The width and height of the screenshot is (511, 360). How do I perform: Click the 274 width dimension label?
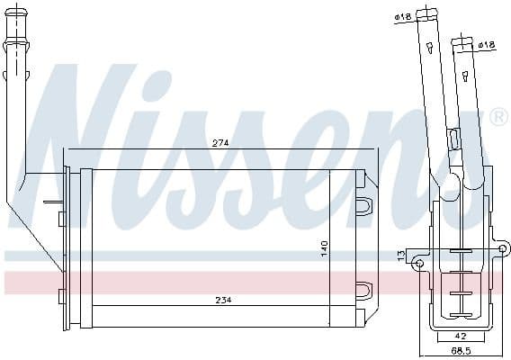click(x=220, y=142)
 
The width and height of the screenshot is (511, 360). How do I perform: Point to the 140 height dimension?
click(x=325, y=248)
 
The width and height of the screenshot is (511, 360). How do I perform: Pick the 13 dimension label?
click(x=401, y=257)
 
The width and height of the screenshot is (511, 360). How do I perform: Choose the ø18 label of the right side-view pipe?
click(x=487, y=44)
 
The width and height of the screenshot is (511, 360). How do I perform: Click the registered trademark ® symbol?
click(x=498, y=118)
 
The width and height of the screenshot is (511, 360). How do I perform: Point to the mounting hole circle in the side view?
click(x=419, y=263)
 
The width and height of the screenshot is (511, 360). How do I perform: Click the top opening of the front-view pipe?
click(x=18, y=17)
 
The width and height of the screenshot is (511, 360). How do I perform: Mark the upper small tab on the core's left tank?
click(x=60, y=217)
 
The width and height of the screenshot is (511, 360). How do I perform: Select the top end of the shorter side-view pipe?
click(x=463, y=40)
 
